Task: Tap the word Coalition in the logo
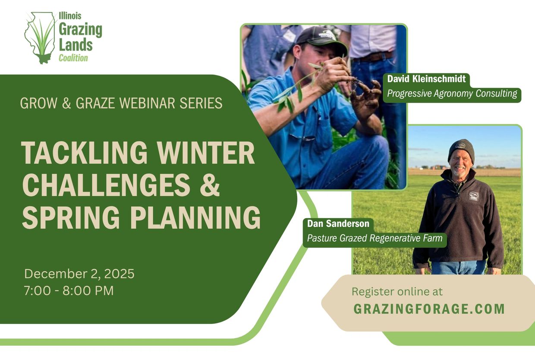[x=73, y=58]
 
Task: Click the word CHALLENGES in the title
[x=106, y=184]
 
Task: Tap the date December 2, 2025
[x=79, y=274]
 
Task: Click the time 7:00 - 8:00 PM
[x=69, y=291]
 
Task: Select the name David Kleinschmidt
[x=426, y=79]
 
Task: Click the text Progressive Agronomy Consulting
[x=452, y=94]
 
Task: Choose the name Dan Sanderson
[x=338, y=224]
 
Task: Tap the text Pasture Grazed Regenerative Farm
[x=374, y=238]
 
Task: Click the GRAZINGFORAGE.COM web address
[x=429, y=309]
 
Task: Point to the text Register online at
[x=397, y=291]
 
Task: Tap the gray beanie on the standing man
[x=461, y=149]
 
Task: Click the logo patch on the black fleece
[x=473, y=196]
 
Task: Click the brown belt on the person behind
[x=371, y=56]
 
